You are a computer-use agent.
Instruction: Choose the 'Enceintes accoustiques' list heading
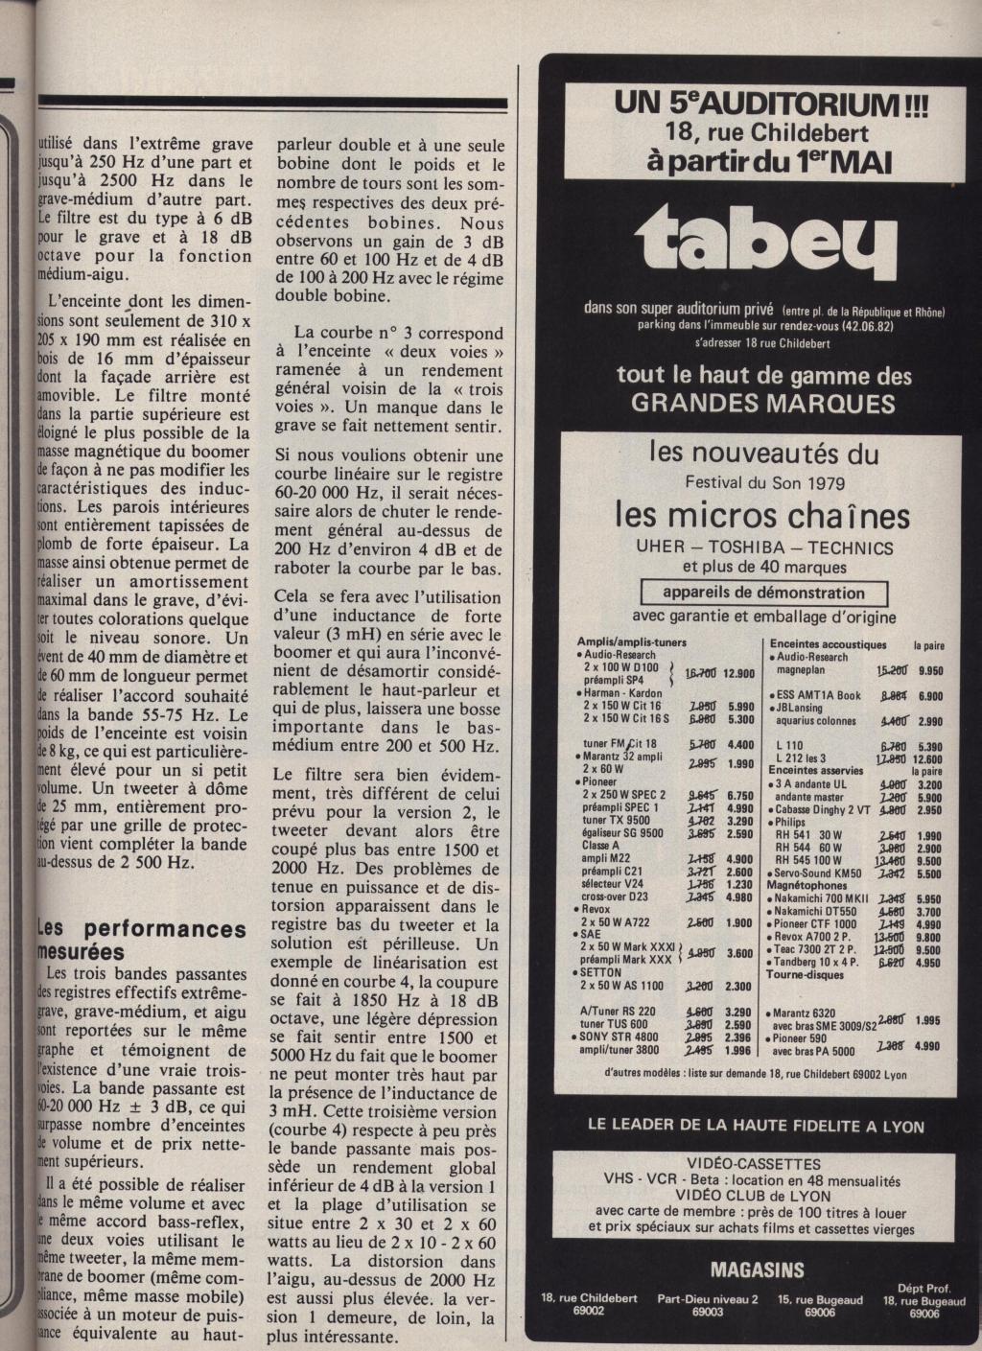(x=830, y=645)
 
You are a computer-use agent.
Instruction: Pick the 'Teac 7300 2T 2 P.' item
(x=818, y=950)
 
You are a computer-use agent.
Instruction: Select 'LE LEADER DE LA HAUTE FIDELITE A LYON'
(x=756, y=1126)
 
